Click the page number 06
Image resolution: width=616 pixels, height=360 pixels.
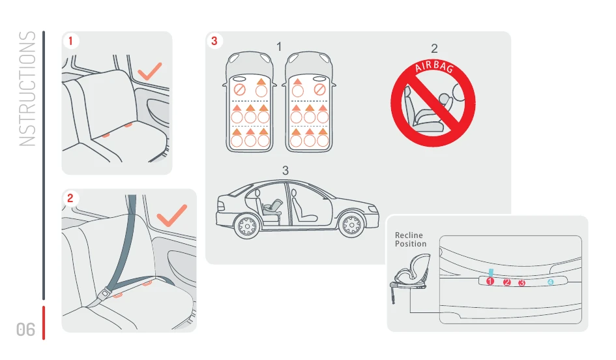[25, 329]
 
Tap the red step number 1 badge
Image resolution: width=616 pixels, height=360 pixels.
[70, 41]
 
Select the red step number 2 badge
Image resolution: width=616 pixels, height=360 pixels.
[70, 198]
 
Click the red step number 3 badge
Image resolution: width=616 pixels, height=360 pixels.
[214, 41]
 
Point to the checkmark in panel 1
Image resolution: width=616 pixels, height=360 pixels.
[150, 71]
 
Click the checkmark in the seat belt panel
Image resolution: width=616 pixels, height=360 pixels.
[171, 215]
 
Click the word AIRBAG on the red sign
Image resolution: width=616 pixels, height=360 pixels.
[434, 67]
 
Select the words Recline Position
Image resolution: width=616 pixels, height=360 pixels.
[411, 239]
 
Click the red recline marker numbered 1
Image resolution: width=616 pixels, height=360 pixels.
[490, 281]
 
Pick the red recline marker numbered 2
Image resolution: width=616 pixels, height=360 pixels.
[506, 282]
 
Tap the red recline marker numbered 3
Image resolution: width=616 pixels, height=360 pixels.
[521, 283]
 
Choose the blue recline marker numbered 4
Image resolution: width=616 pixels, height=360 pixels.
[550, 282]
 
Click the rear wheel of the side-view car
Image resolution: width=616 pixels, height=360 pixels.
[247, 226]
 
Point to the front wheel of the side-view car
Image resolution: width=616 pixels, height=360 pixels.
[351, 224]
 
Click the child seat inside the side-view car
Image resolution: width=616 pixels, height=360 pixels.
[272, 208]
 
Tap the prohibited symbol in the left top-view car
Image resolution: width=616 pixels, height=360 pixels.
[239, 90]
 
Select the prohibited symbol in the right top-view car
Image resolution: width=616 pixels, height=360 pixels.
[320, 90]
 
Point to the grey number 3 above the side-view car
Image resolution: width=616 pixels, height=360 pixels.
[286, 171]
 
